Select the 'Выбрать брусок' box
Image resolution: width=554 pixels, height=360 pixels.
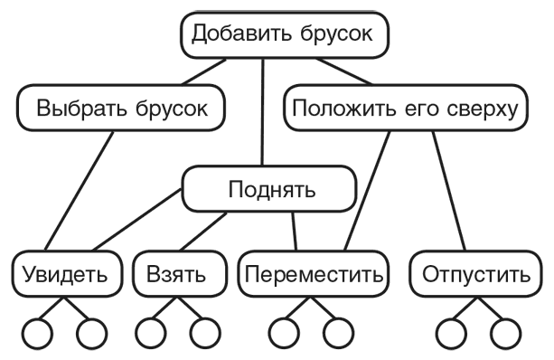point(122,109)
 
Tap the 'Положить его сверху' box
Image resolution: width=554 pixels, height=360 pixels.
point(405,109)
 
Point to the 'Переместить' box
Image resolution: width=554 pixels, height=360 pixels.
point(313,273)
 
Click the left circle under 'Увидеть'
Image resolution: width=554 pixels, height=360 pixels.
point(39,334)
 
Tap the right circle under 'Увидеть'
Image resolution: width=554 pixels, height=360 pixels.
point(90,334)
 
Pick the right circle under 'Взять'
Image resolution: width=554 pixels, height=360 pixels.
point(204,334)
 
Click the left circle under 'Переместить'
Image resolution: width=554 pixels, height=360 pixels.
point(286,334)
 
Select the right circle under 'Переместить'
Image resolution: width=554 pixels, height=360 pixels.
point(337,334)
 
